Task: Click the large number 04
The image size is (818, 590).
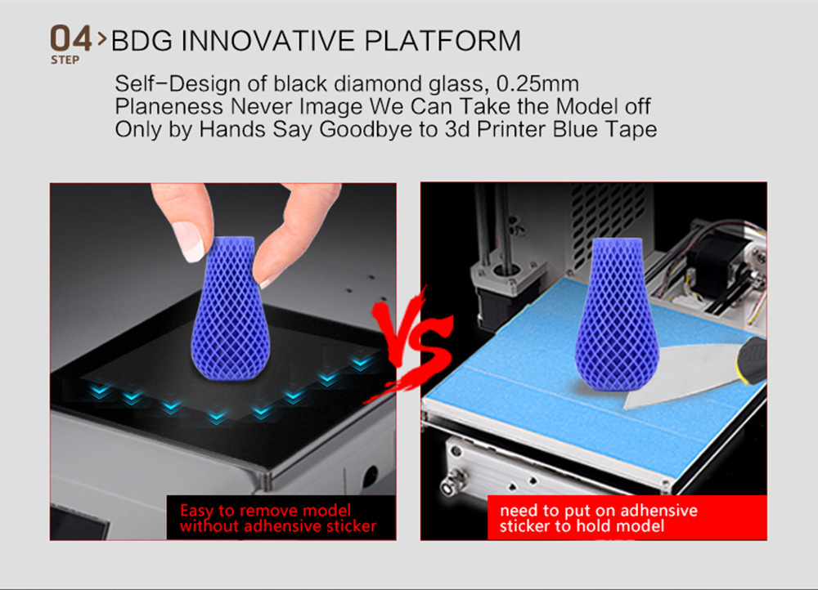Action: click(x=71, y=38)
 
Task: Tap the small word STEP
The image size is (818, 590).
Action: click(x=65, y=60)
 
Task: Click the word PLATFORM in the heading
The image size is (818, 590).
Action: click(x=443, y=41)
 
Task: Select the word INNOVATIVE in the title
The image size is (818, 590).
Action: click(x=267, y=41)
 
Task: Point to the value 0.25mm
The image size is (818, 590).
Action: click(x=538, y=83)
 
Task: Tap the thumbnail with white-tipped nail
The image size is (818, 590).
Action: click(x=189, y=241)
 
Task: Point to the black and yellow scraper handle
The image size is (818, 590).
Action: click(x=752, y=360)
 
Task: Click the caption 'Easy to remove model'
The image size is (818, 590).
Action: click(x=266, y=510)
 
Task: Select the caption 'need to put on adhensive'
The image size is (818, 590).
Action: click(x=599, y=510)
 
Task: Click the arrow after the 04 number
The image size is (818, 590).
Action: click(x=101, y=39)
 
